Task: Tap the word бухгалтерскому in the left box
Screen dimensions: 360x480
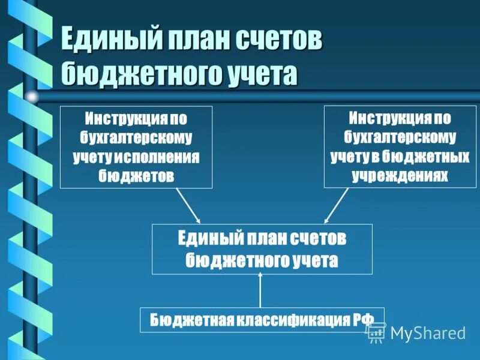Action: (136, 137)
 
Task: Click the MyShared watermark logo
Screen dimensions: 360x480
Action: (416, 333)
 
